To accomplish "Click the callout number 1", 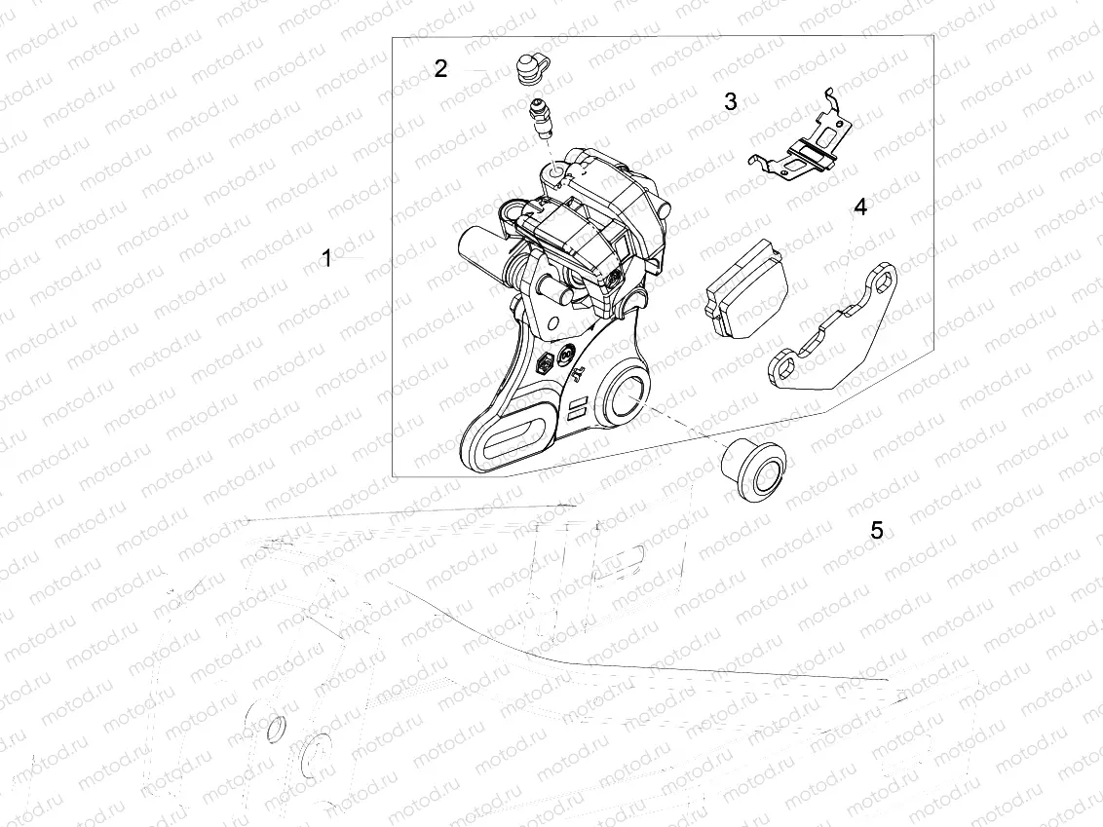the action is pyautogui.click(x=326, y=258).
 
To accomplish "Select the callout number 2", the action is pyautogui.click(x=440, y=69).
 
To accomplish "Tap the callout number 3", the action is pyautogui.click(x=731, y=101).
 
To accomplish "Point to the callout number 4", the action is pyautogui.click(x=859, y=207).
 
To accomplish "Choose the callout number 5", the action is pyautogui.click(x=877, y=530).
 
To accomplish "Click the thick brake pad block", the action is pyautogui.click(x=745, y=289).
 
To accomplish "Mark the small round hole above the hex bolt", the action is pyautogui.click(x=552, y=322).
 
